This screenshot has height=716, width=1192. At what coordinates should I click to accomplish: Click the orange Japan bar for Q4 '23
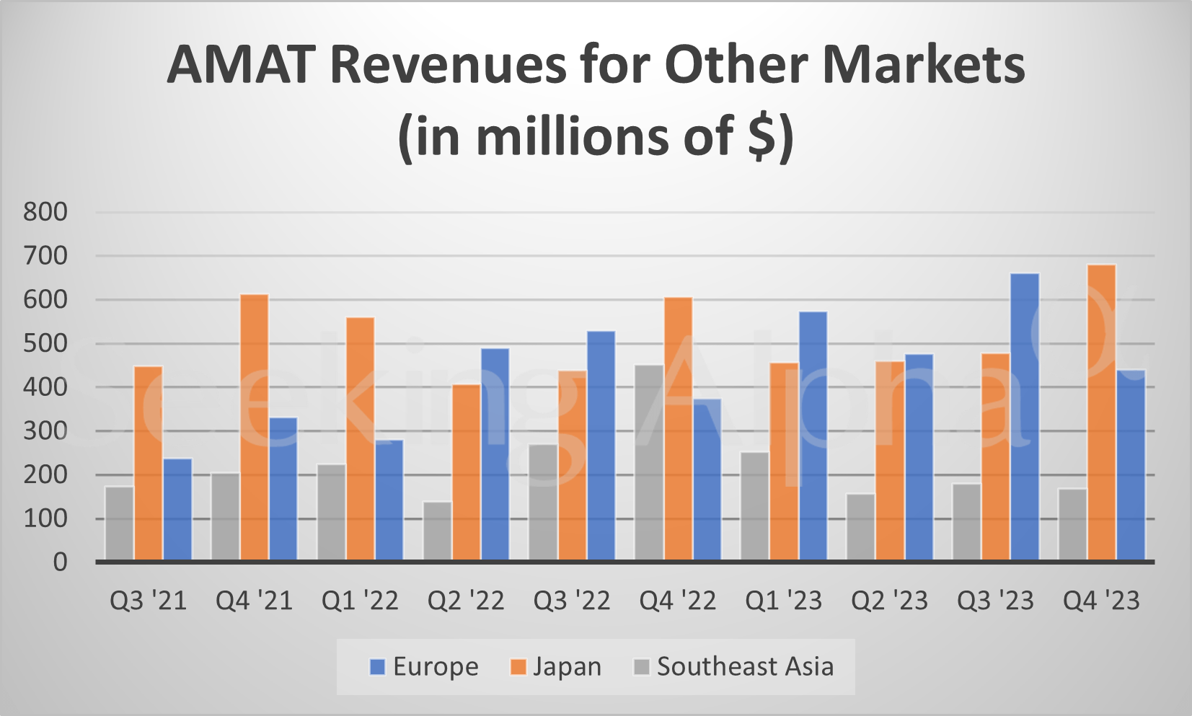[x=1101, y=412]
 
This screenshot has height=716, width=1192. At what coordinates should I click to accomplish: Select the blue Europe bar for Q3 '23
[x=1025, y=417]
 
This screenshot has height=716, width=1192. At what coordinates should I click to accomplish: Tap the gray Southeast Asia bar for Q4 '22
[x=649, y=462]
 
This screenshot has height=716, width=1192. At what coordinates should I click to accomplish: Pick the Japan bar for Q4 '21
[x=254, y=427]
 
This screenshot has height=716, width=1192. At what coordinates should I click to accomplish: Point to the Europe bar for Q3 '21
[x=177, y=509]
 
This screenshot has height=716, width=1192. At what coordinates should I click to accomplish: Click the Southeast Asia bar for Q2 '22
[x=437, y=531]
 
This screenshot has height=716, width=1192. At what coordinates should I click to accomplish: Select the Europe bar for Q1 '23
[x=813, y=436]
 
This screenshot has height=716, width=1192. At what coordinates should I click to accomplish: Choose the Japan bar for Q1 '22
[x=360, y=438]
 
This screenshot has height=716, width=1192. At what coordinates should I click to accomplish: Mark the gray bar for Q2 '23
[x=860, y=526]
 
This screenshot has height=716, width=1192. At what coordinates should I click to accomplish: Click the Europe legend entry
[x=424, y=667]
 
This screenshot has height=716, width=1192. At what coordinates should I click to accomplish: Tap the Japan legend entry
[x=556, y=667]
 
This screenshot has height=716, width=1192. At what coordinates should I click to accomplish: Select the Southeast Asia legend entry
[x=733, y=667]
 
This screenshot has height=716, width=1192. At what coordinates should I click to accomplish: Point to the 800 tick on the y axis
[x=45, y=212]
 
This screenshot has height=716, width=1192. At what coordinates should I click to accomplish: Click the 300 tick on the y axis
[x=45, y=431]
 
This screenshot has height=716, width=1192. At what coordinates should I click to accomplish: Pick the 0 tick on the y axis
[x=60, y=562]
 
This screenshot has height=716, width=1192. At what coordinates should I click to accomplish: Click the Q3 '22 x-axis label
[x=571, y=601]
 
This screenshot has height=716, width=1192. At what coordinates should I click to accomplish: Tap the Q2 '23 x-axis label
[x=889, y=601]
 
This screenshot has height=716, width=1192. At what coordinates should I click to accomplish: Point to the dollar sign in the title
[x=761, y=137]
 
